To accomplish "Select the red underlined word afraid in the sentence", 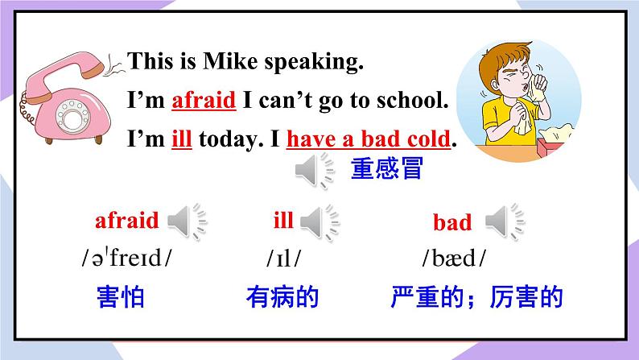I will click(204, 101).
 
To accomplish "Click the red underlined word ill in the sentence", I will click(181, 139).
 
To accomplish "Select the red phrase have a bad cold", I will click(368, 139).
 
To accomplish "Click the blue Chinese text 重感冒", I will click(387, 170).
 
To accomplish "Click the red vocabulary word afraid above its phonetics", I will click(127, 220).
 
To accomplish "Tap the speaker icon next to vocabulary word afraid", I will click(187, 221).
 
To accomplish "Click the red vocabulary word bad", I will click(452, 222).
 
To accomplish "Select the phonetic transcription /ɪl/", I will click(283, 259).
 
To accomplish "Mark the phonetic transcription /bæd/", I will click(454, 259).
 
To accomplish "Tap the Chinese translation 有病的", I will click(282, 297).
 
